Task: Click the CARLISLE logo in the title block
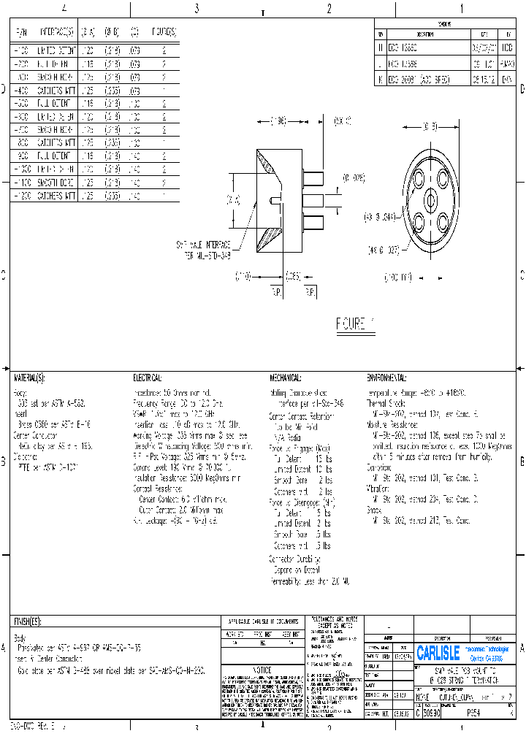tap(438, 651)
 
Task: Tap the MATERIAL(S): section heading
tap(29, 378)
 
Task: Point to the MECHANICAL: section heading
tap(285, 378)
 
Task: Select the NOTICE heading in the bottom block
tap(261, 669)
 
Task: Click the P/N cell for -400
tap(20, 91)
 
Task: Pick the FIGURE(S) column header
tap(164, 31)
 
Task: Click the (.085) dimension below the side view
tap(293, 276)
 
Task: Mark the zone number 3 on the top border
tap(197, 9)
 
